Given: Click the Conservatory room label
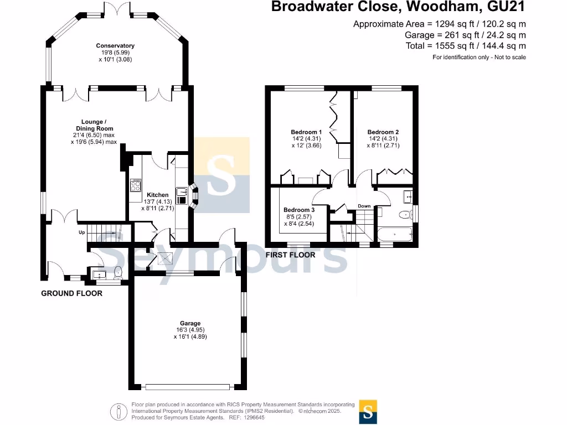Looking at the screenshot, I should (115, 46).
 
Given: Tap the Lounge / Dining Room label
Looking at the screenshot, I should (98, 125).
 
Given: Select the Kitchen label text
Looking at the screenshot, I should (157, 195).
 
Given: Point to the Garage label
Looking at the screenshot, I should (190, 323).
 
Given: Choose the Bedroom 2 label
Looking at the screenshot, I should (383, 132).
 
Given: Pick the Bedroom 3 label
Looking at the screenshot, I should (299, 210).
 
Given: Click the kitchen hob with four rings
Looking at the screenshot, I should (136, 185).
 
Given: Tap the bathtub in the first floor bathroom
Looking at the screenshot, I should (394, 234).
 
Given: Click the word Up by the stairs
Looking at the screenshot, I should (81, 233).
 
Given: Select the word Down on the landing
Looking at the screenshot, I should (364, 206).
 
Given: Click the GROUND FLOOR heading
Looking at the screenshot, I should (71, 293).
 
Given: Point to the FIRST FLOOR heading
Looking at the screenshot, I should (291, 255).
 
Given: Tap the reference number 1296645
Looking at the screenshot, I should (254, 418).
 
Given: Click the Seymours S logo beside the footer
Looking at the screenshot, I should (368, 411).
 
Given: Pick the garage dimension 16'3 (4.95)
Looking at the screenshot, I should (190, 330).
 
